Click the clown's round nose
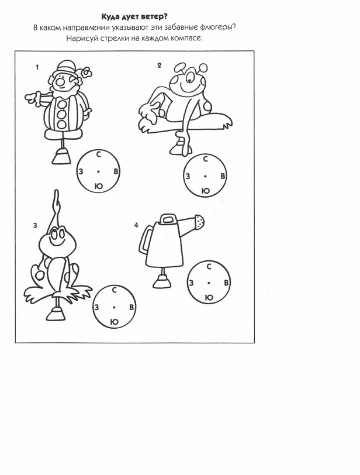point(59,82)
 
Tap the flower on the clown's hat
point(88,73)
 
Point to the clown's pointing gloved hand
point(31,98)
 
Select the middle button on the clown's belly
point(61,115)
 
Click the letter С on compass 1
point(98,154)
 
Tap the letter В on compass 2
point(223,176)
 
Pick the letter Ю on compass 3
point(114,322)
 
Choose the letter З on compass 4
point(191,283)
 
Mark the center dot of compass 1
point(98,172)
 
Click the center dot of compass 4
point(209,283)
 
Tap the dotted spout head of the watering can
point(200,222)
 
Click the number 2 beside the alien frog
point(160,65)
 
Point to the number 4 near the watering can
point(136,225)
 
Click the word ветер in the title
point(155,16)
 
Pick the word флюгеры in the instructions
point(217,27)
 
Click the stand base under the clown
point(63,157)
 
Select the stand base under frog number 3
point(56,314)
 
